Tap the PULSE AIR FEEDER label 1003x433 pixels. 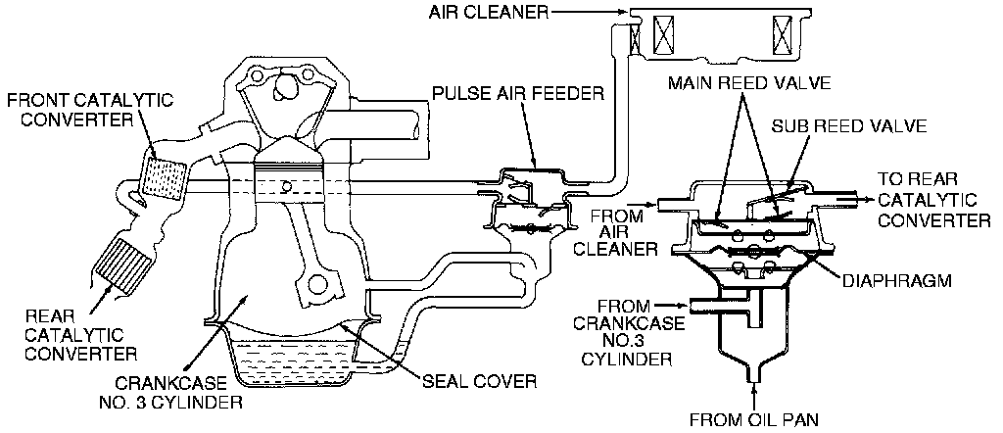click(517, 95)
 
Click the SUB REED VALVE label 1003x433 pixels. click(834, 127)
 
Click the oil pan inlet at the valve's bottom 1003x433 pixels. click(755, 375)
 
